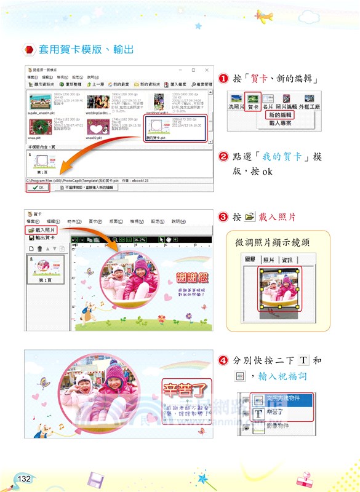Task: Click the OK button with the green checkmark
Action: click(x=38, y=188)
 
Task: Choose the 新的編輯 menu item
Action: click(x=280, y=115)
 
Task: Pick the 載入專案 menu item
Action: click(x=280, y=123)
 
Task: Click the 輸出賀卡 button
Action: click(x=45, y=237)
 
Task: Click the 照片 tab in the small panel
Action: click(x=269, y=260)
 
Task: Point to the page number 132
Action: click(x=24, y=478)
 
